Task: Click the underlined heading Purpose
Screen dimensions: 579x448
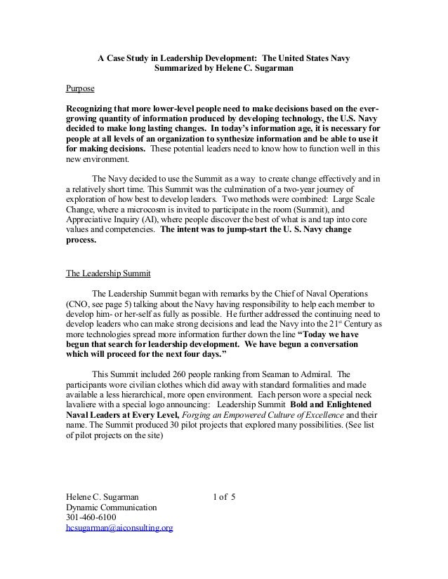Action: pyautogui.click(x=80, y=90)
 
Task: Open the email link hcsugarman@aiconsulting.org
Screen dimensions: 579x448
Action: pyautogui.click(x=119, y=527)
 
